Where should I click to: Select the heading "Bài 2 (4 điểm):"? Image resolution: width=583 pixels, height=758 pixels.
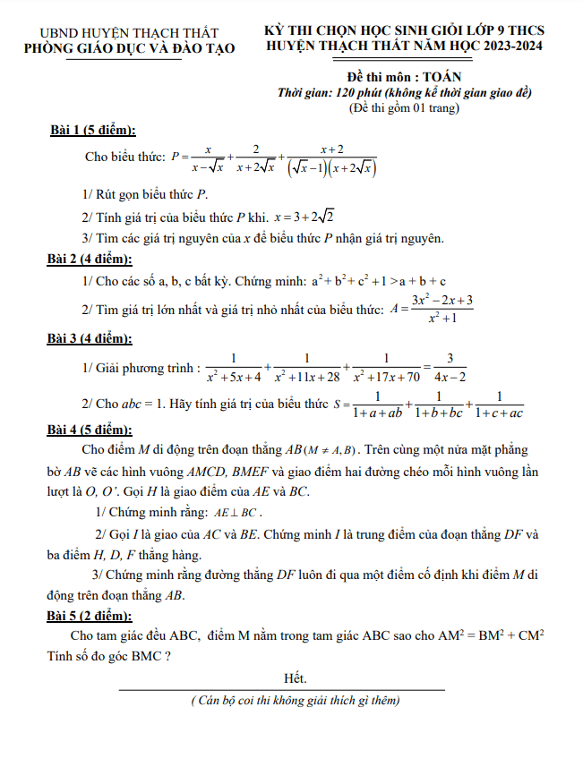click(x=90, y=260)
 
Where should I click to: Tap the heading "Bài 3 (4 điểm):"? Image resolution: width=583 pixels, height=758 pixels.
click(x=90, y=338)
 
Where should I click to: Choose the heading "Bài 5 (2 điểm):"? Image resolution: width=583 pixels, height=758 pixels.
click(x=90, y=616)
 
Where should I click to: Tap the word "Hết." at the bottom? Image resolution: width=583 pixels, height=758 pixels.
click(x=295, y=678)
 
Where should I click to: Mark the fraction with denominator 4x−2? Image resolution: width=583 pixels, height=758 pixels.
click(x=455, y=367)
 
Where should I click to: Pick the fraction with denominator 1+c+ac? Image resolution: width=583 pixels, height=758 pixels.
click(x=499, y=405)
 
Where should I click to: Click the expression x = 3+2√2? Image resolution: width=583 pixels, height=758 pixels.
click(x=304, y=216)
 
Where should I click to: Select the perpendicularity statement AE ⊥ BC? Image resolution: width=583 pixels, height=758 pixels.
click(x=236, y=514)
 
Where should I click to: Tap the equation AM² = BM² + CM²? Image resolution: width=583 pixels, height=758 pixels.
click(x=493, y=635)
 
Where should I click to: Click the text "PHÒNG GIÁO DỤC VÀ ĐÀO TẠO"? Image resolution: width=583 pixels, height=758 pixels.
click(x=131, y=47)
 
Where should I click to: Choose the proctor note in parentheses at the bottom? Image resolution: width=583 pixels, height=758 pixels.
click(x=295, y=701)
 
